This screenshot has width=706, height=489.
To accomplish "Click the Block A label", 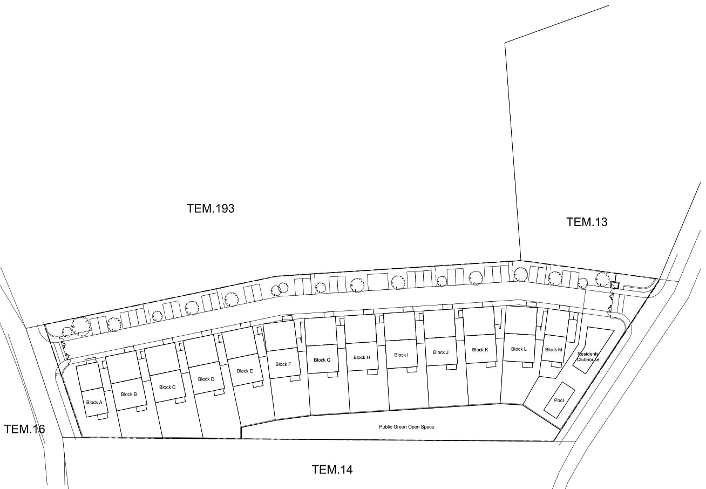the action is pos(94,402).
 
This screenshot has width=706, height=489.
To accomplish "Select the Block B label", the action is pos(129,394).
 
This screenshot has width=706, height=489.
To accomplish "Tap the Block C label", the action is pos(167,387).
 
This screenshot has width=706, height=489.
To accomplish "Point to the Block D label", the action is pos(206,379).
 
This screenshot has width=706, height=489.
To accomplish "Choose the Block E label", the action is pos(245,371).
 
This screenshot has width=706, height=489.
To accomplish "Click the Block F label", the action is pos(283,364).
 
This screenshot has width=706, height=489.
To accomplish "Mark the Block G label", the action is pos(322,360).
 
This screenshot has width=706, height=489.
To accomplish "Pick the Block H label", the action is pos(362,357).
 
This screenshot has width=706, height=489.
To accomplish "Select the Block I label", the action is pos(401,355).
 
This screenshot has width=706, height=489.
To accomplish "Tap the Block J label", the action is pos(440,352).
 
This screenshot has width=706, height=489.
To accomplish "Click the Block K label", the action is pos(480,350).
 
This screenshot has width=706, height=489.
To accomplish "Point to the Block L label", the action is pos(519,349).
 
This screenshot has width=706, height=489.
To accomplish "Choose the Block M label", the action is pos(553,350).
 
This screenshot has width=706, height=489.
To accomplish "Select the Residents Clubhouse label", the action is pos(588,357).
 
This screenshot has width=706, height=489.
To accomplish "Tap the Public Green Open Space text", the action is pos(406,427).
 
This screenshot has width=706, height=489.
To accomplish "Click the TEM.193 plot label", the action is pos(211,208).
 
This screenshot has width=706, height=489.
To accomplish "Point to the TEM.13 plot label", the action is pos(587,222).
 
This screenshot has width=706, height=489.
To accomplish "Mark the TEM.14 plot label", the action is pos(332,470).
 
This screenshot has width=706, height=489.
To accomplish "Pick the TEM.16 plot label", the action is pos(24,429).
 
